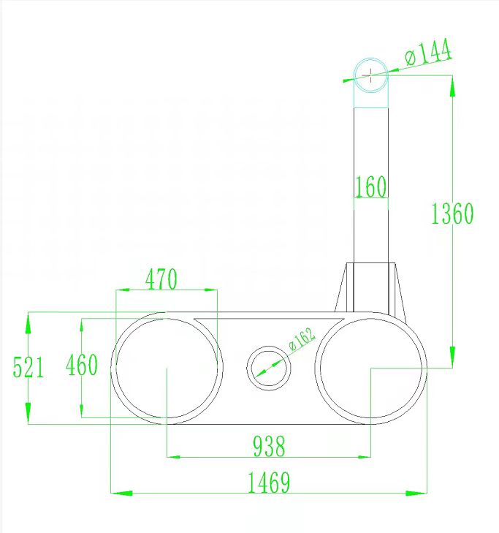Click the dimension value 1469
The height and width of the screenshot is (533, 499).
[269, 483]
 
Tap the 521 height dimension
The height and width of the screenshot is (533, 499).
[28, 366]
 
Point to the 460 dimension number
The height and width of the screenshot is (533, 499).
[81, 365]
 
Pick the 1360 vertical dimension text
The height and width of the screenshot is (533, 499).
[452, 213]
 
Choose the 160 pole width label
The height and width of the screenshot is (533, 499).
[370, 187]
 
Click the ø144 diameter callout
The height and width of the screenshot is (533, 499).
[428, 53]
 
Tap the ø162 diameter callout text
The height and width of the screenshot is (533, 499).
[301, 340]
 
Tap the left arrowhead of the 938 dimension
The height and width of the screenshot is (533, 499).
[174, 457]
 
